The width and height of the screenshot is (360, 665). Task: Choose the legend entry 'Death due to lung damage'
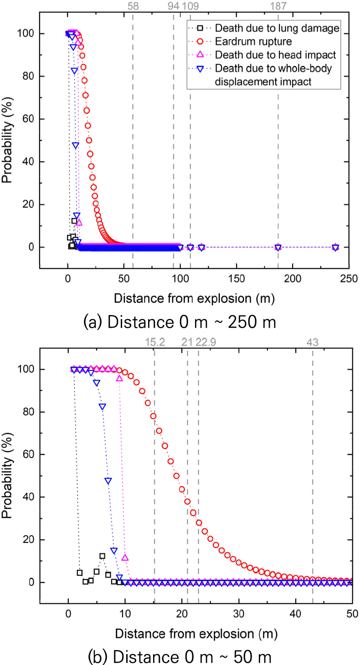coord(278,29)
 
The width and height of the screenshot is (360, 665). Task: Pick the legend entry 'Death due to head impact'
coord(276,56)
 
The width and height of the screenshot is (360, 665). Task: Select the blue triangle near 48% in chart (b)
coord(108,481)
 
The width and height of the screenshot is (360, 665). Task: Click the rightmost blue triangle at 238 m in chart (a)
coord(335,247)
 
